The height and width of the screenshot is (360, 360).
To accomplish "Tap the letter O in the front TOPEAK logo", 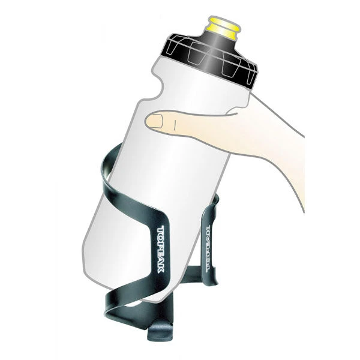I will point(161,237).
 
